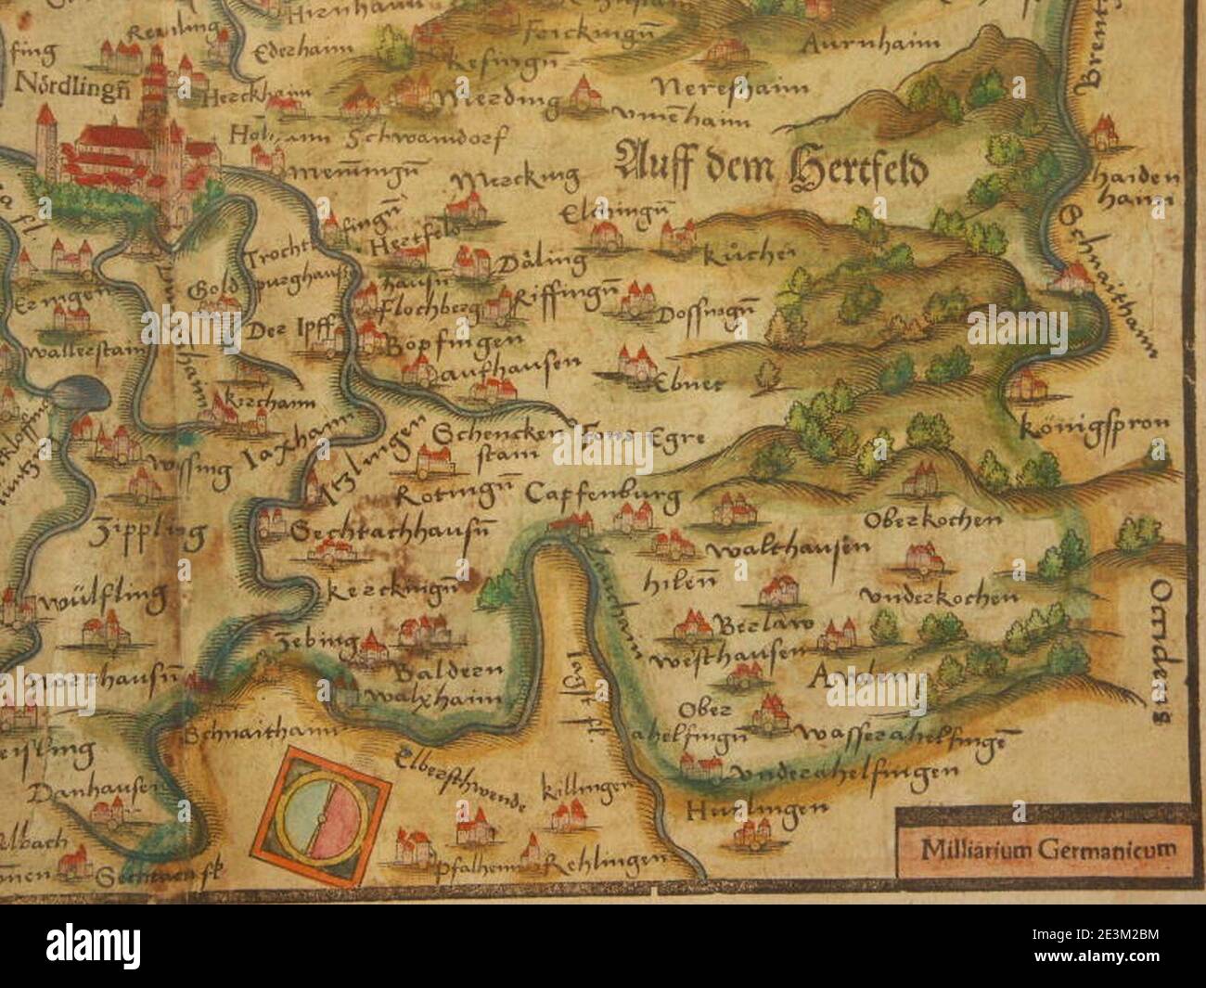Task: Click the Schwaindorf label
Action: [x=423, y=138]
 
